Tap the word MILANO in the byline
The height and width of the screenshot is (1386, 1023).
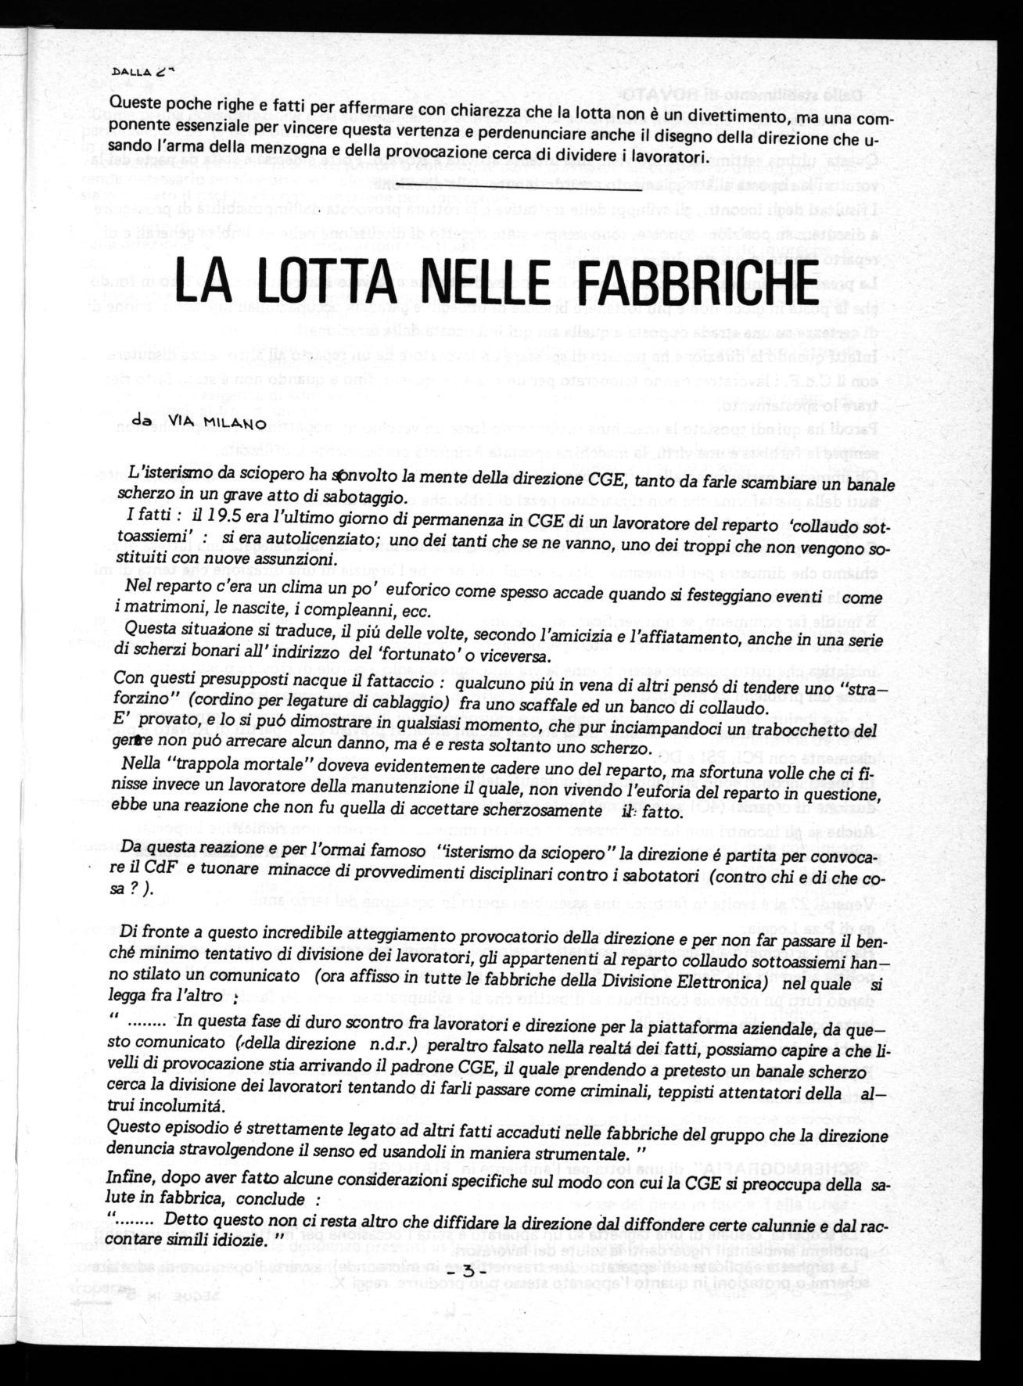pos(234,424)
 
